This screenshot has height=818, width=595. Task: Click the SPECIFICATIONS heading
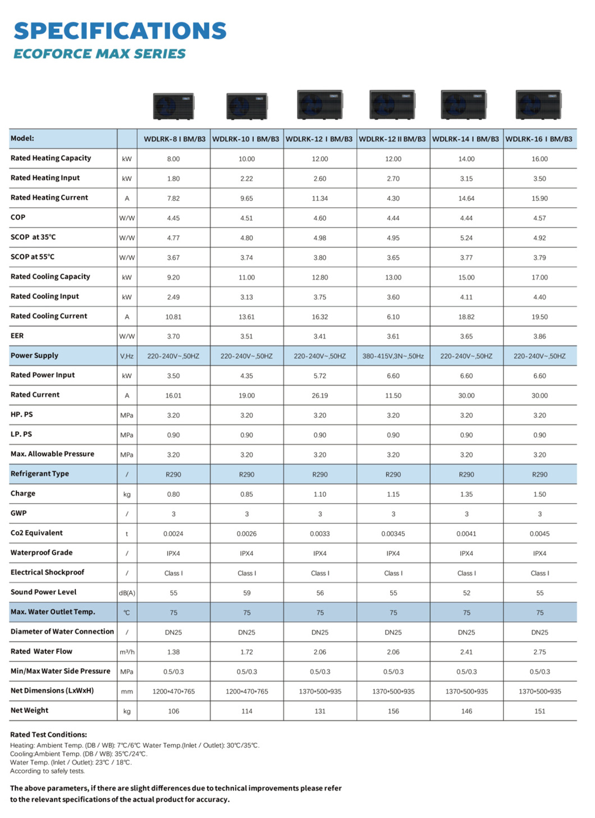[x=120, y=31]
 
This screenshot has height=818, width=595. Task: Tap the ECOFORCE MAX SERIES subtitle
[x=99, y=54]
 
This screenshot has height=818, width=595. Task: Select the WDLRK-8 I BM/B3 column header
[x=174, y=139]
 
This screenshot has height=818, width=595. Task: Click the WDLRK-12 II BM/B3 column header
[x=392, y=139]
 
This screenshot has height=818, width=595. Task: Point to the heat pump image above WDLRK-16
[x=538, y=104]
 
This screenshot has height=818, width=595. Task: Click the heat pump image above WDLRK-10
[x=246, y=106]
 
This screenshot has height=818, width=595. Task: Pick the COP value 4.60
[x=320, y=218]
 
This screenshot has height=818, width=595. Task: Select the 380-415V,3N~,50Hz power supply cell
[x=393, y=357]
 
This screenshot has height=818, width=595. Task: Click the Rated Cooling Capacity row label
[x=50, y=277]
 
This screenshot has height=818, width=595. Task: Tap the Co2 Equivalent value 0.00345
[x=393, y=534]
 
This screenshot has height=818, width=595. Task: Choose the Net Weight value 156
[x=393, y=711]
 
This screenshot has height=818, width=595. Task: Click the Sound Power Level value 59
[x=246, y=593]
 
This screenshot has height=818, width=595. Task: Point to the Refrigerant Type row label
[x=39, y=474]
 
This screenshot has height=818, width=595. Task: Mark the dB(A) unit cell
[x=127, y=593]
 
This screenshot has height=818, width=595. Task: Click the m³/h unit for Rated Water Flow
[x=127, y=652]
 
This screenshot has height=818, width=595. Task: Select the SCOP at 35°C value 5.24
[x=466, y=238]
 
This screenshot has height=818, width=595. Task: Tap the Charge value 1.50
[x=539, y=495]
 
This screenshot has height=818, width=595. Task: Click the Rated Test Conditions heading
[x=48, y=735]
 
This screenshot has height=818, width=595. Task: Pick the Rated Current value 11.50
[x=393, y=396]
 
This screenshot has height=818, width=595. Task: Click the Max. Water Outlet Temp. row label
[x=53, y=612]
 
